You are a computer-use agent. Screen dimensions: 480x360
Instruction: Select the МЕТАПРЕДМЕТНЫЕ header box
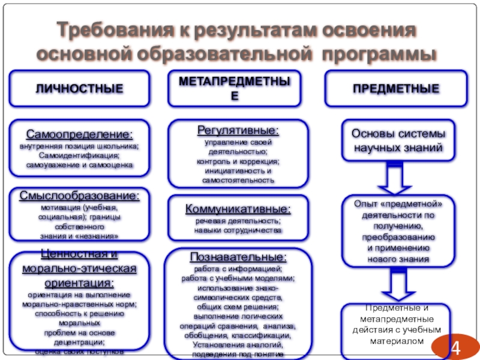[238, 88]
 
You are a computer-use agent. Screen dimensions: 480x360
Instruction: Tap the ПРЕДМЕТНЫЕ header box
[395, 89]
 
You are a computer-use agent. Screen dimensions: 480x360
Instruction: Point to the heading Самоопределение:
[79, 134]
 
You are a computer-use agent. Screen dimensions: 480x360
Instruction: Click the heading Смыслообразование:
[79, 196]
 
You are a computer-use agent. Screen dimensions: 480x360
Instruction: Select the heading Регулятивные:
[238, 130]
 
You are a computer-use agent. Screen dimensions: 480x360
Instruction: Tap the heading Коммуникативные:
[239, 208]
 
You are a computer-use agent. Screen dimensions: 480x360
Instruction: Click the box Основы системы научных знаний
[398, 140]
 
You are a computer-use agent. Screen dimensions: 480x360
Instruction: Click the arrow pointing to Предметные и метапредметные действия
[398, 284]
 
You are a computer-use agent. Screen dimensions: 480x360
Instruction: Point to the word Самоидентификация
[80, 155]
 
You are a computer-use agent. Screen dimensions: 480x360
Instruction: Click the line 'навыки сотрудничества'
[238, 230]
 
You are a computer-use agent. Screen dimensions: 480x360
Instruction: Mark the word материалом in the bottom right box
[398, 340]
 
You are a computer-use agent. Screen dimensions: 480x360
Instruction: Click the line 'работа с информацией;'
[238, 269]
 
